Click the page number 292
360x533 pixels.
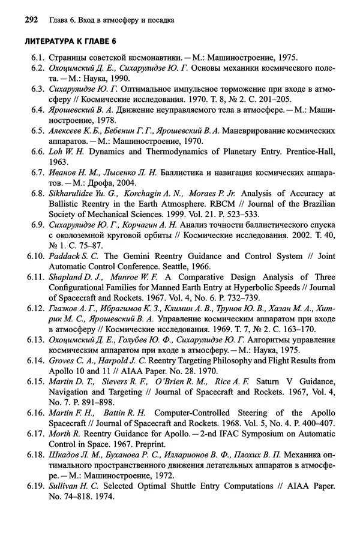pyautogui.click(x=32, y=20)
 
